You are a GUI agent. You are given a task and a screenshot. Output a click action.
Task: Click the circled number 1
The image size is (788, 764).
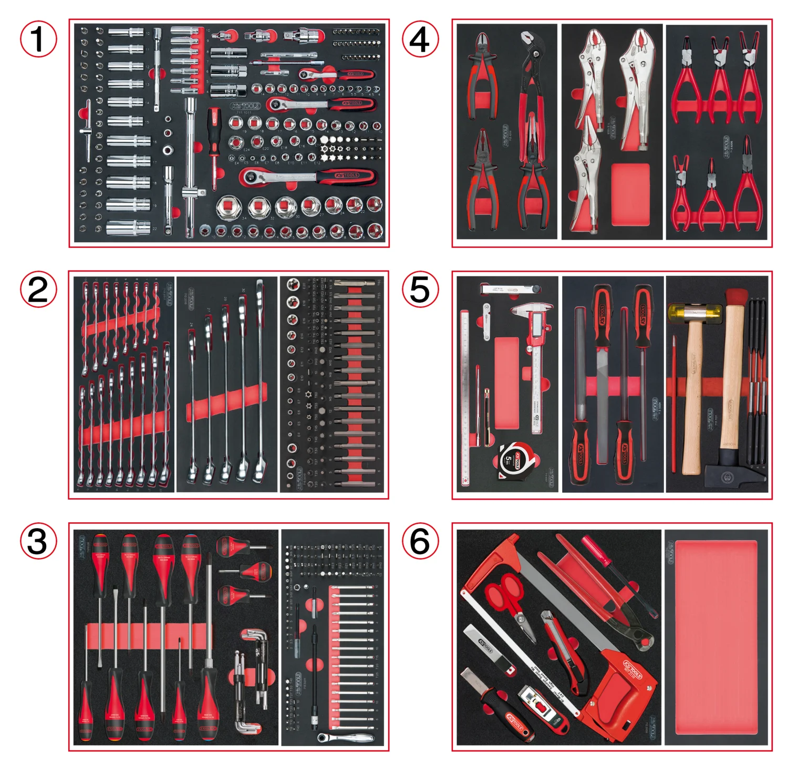(x=38, y=39)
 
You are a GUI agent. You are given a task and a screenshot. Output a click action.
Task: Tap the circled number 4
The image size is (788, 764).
(x=420, y=39)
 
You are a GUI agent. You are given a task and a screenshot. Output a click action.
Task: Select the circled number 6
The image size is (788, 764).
(x=420, y=541)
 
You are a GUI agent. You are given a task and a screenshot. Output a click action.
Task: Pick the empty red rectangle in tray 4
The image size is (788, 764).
(x=630, y=194)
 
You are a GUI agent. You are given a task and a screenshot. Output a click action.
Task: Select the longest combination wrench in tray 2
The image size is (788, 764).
(x=260, y=381)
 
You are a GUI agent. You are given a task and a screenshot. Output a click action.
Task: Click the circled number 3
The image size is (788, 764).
(x=38, y=541)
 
